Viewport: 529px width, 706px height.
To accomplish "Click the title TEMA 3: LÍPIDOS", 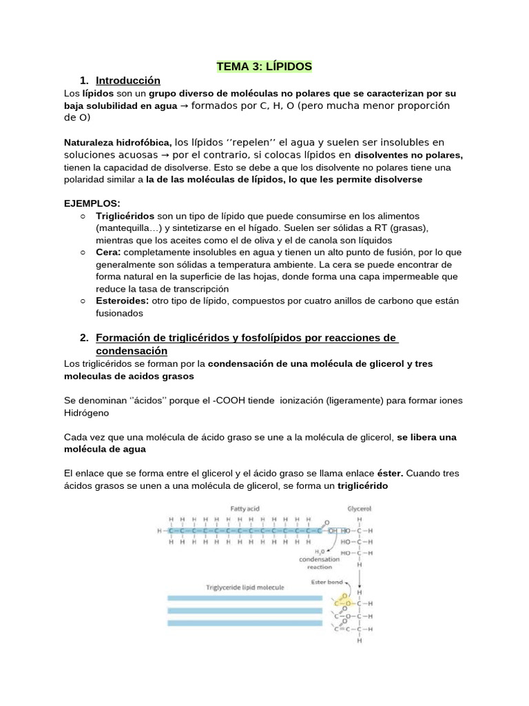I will pyautogui.click(x=264, y=66).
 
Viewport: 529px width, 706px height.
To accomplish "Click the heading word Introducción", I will pyautogui.click(x=128, y=80).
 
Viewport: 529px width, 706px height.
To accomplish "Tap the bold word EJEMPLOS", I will pyautogui.click(x=91, y=203).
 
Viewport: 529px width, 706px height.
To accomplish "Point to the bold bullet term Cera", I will pyautogui.click(x=107, y=252).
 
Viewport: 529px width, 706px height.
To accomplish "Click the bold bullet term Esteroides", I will pyautogui.click(x=123, y=301).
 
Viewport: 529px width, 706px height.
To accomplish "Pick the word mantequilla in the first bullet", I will pyautogui.click(x=123, y=228).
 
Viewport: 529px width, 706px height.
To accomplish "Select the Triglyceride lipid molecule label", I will pyautogui.click(x=245, y=587).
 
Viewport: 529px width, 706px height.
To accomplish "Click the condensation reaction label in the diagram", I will pyautogui.click(x=319, y=563).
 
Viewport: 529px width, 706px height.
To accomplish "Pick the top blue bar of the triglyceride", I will pyautogui.click(x=245, y=598).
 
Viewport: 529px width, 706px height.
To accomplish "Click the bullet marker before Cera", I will pyautogui.click(x=83, y=252).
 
